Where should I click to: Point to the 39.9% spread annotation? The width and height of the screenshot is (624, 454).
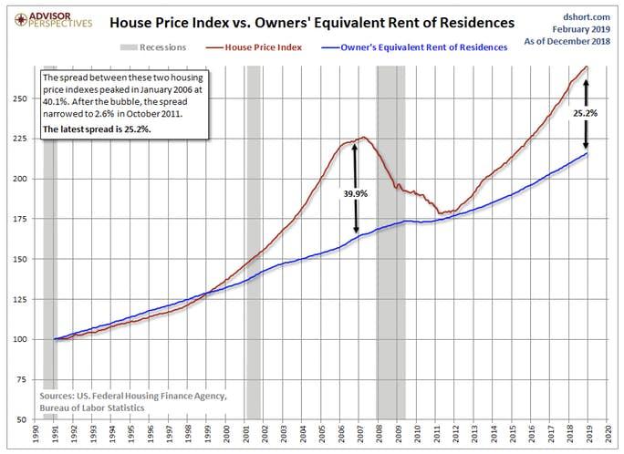coord(355,193)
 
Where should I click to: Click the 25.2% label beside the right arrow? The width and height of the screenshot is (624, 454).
coord(586,115)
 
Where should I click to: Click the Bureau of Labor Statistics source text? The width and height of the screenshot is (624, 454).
coord(92,408)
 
